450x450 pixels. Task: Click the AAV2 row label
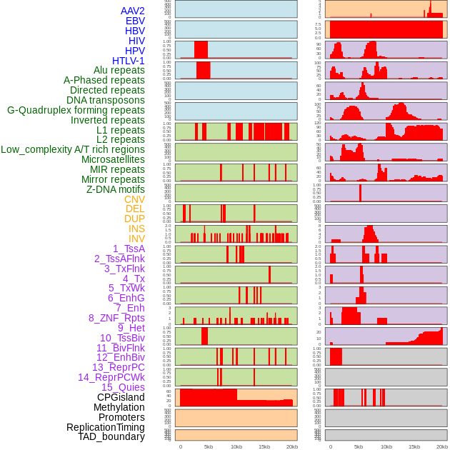(133, 11)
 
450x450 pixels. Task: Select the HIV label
(136, 41)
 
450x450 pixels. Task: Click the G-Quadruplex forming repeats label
(76, 110)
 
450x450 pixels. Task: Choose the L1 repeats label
(121, 130)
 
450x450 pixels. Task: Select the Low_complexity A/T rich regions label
(73, 149)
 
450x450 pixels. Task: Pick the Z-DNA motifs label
(116, 189)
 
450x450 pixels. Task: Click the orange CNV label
(134, 199)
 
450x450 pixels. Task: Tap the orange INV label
(136, 239)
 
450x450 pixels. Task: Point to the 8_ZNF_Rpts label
(116, 318)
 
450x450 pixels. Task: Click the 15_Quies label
(123, 387)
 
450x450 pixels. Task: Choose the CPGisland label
(121, 397)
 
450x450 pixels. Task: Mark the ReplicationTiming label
(106, 427)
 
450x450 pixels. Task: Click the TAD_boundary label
(111, 436)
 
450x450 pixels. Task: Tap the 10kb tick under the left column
(236, 446)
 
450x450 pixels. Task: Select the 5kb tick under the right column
(359, 446)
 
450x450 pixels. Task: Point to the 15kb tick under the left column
(264, 446)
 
